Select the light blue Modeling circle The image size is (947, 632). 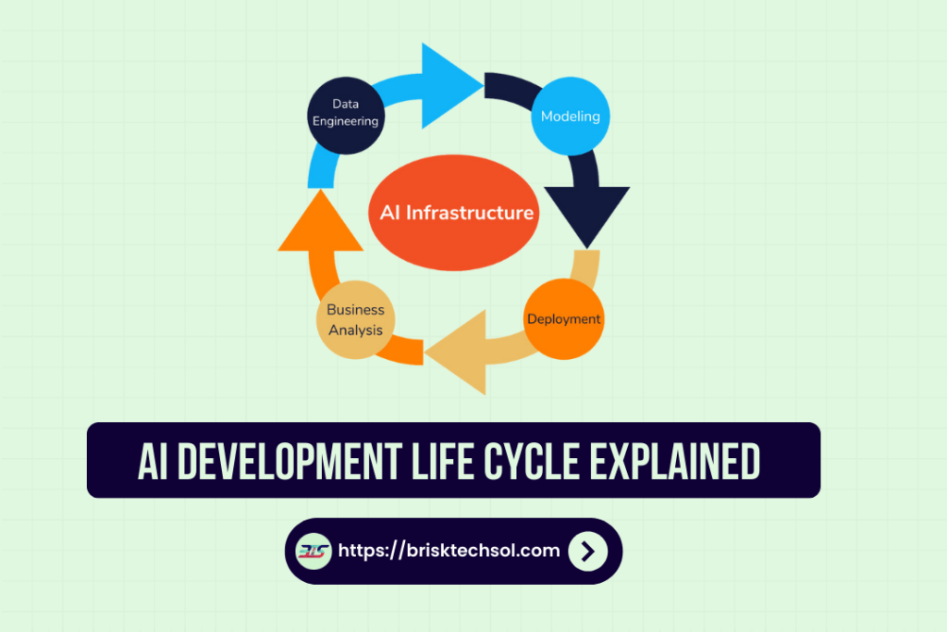[571, 117]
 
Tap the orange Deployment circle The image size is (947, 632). [563, 319]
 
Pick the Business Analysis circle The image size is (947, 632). [355, 320]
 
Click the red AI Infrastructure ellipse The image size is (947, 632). [456, 212]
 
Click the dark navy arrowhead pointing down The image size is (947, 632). [586, 215]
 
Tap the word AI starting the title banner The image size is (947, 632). [153, 461]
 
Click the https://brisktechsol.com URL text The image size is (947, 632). [449, 551]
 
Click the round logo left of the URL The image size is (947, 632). [314, 551]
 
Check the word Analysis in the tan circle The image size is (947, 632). [355, 329]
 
